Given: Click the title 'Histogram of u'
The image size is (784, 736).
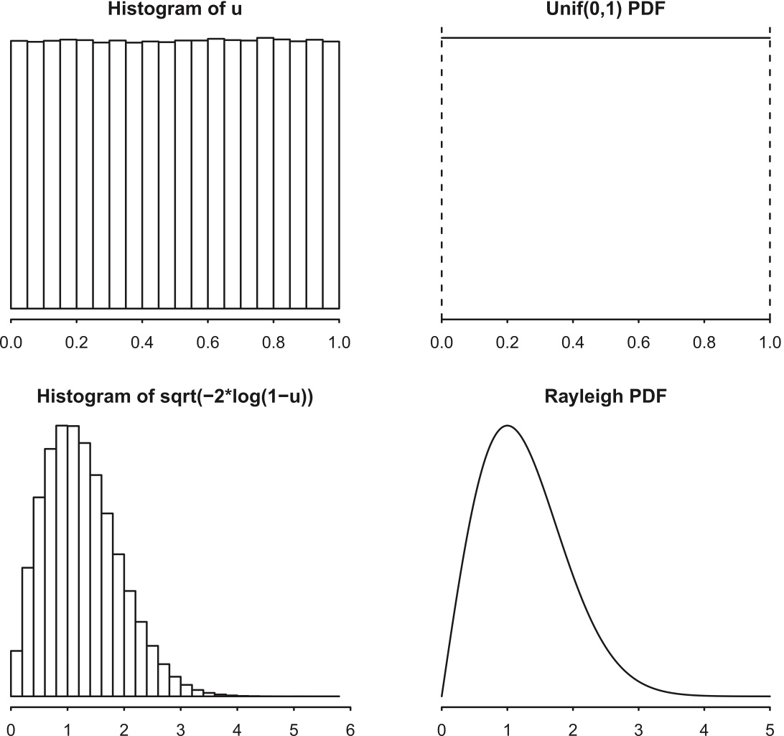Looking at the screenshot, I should [x=174, y=10].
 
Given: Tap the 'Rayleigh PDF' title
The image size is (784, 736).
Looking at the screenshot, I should [x=606, y=395].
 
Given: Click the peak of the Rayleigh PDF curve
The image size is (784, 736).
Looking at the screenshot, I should [x=508, y=426].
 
